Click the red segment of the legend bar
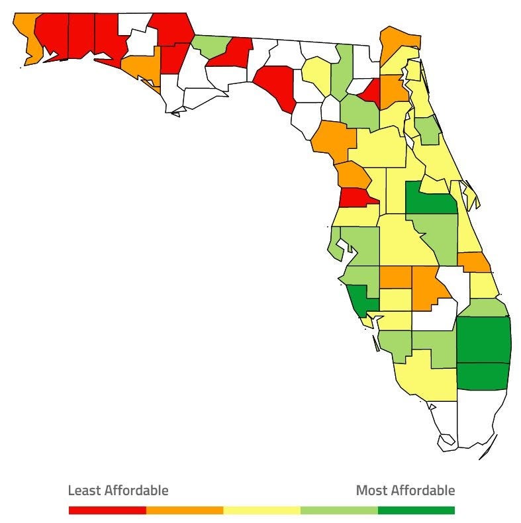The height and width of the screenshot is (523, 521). coord(107,510)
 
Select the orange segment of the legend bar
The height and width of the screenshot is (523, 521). coord(185,510)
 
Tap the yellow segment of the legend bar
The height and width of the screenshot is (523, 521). coord(261,510)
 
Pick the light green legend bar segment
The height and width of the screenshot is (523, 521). coord(339,510)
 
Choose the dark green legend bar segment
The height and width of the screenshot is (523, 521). coord(416,510)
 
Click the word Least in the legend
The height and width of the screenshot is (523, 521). coord(84,491)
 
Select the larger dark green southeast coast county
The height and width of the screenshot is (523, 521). coord(483,339)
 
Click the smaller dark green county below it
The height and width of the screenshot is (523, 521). coord(483,375)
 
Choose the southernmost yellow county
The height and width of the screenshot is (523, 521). coord(427,377)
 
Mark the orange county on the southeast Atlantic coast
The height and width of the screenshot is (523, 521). coord(474,262)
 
